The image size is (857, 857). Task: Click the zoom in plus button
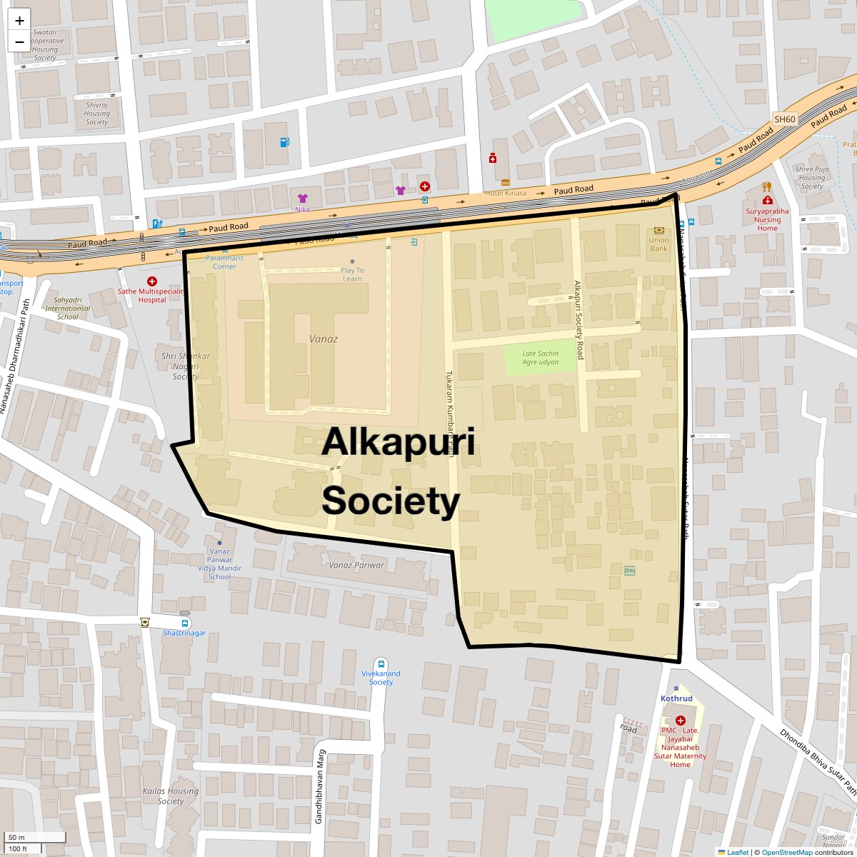[x=19, y=21]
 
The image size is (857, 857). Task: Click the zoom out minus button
[x=19, y=41]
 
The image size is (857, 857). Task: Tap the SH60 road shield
[x=785, y=119]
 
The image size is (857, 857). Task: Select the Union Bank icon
[x=658, y=231]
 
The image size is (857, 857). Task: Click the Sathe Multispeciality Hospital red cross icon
[x=151, y=282]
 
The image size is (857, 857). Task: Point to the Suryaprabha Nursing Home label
[x=768, y=220]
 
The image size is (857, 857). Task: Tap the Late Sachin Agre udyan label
[x=540, y=358]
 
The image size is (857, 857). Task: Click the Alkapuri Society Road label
[x=579, y=319]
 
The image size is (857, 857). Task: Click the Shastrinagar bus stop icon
[x=186, y=623]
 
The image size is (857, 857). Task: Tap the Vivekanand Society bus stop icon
[x=381, y=664]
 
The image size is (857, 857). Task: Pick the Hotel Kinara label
[x=506, y=194]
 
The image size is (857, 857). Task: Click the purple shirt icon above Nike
[x=302, y=199]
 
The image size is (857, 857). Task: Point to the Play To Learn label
[x=352, y=274]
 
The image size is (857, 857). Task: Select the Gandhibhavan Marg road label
[x=320, y=786]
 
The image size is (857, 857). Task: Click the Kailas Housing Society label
[x=171, y=796]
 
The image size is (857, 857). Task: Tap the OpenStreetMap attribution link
[x=786, y=852]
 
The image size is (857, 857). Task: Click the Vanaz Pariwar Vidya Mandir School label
[x=219, y=564]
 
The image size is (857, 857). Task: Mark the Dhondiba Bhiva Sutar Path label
[x=818, y=761]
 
